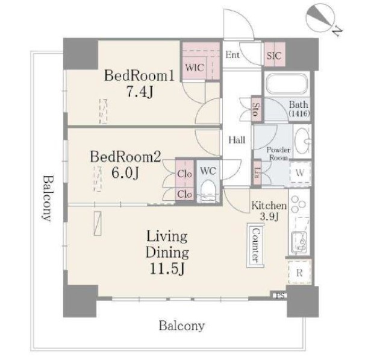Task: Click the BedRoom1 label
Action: tap(139, 76)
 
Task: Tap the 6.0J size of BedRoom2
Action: tap(125, 173)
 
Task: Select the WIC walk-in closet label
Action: tap(195, 68)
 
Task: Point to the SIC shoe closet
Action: tap(275, 54)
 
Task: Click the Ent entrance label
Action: tap(232, 55)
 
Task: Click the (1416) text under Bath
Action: tap(299, 113)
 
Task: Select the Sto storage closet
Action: tap(256, 109)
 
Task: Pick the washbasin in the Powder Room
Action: tap(302, 141)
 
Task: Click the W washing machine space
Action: tap(301, 172)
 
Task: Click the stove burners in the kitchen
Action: tap(298, 204)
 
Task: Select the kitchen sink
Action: tap(299, 242)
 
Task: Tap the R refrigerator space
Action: tap(299, 273)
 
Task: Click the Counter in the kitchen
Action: tap(255, 245)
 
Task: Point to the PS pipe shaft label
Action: tap(280, 295)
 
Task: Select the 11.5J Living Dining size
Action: tap(167, 269)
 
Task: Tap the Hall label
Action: tap(237, 140)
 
